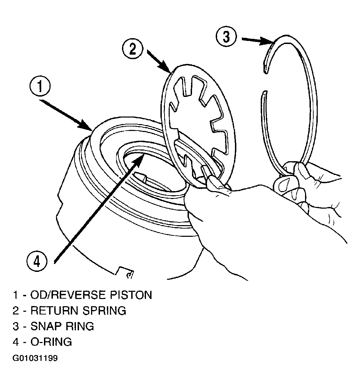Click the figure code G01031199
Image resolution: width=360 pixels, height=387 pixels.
point(35,358)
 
